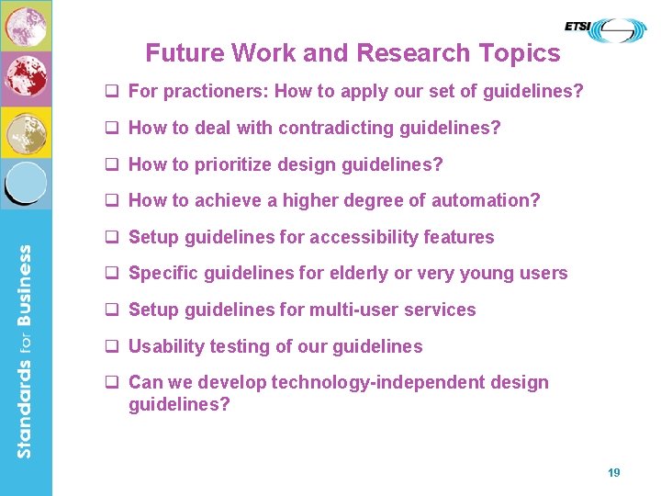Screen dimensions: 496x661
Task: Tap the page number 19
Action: coord(614,472)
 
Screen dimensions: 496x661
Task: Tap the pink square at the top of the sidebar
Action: coord(26,25)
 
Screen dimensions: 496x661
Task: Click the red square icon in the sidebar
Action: coord(26,78)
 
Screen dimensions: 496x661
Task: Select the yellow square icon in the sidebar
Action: coord(26,131)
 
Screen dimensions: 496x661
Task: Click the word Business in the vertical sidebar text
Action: coord(25,289)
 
